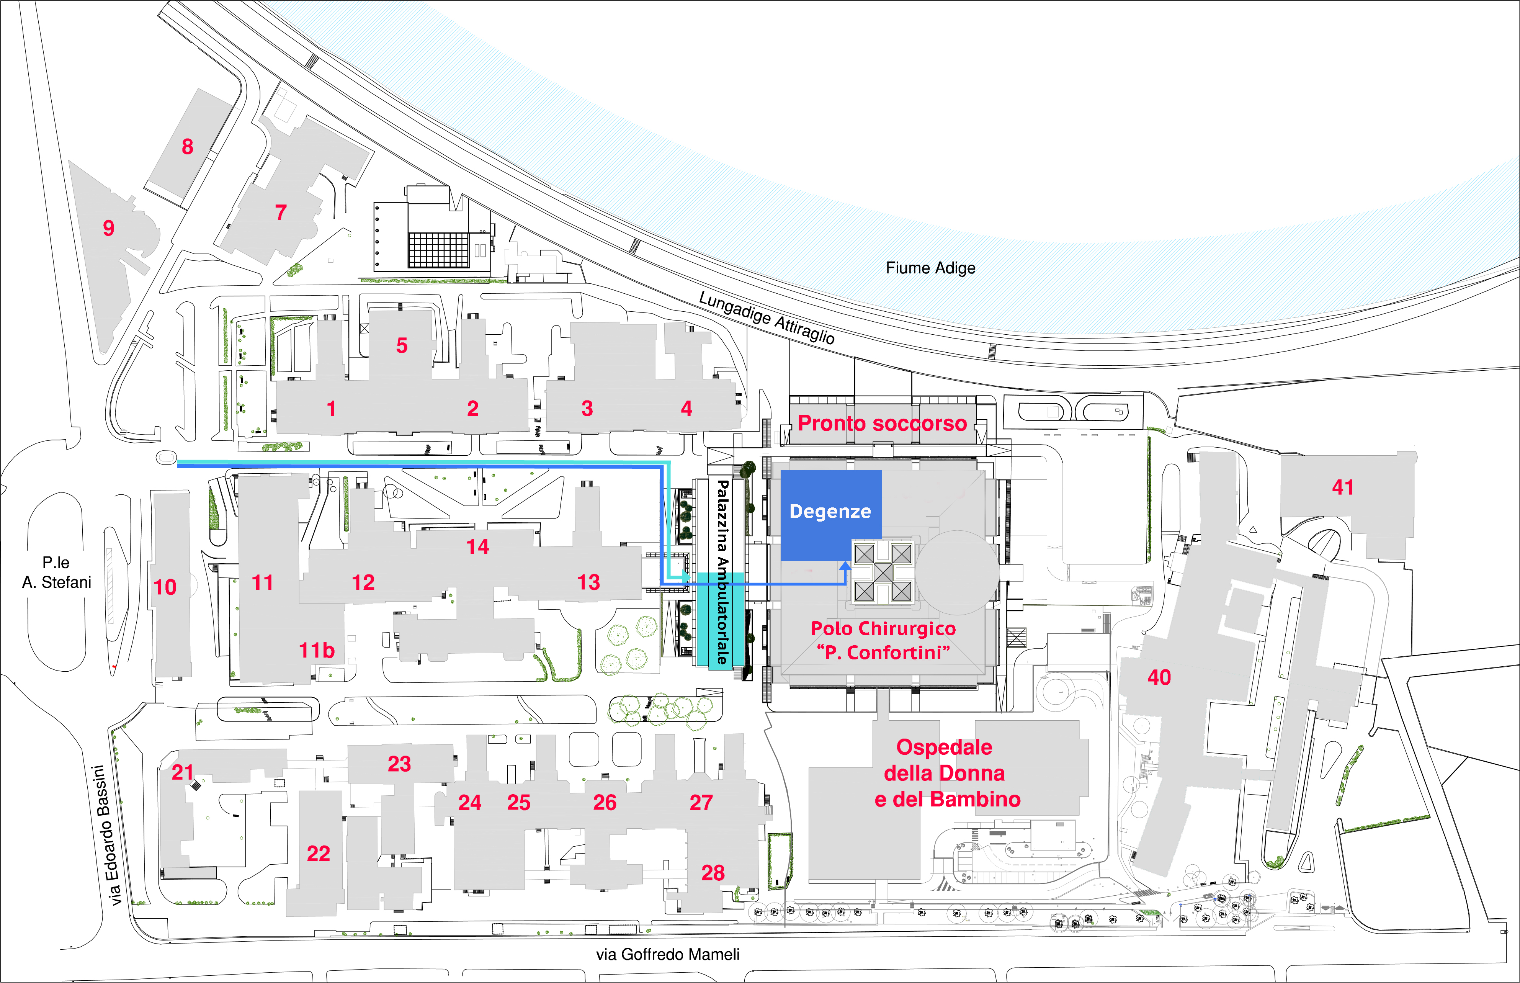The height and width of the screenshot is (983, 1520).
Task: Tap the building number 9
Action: (108, 228)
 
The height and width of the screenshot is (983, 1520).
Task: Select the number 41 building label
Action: (1343, 487)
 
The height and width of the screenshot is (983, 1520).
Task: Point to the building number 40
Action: (1159, 677)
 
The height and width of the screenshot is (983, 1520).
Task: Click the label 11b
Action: (317, 651)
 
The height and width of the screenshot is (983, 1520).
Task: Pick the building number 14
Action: (477, 547)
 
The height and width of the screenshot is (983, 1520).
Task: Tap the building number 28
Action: (713, 873)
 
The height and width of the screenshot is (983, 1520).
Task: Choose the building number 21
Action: (183, 772)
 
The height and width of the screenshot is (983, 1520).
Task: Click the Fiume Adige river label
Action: (930, 268)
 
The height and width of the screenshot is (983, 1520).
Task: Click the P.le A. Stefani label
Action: (57, 572)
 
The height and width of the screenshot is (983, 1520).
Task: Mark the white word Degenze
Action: (830, 511)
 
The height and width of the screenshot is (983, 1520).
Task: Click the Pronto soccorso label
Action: (883, 423)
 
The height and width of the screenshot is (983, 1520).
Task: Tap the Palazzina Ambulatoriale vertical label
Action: (722, 572)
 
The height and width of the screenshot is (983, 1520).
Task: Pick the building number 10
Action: (165, 587)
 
